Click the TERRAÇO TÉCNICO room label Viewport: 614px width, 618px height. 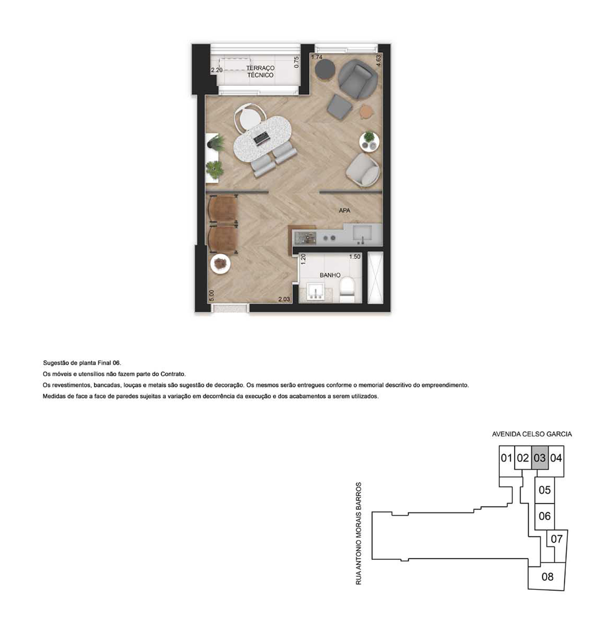click(260, 71)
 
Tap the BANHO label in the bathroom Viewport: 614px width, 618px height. click(330, 275)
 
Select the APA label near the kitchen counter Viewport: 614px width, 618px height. click(344, 211)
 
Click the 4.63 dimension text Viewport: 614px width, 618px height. click(378, 60)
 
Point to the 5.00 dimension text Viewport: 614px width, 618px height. click(211, 295)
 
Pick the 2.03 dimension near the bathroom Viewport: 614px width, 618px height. click(284, 299)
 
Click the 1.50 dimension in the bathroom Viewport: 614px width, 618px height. click(355, 257)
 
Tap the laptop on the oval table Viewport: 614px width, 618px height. click(261, 139)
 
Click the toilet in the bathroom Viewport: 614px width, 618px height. click(347, 290)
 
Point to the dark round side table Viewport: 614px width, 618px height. click(325, 69)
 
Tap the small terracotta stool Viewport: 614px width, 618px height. click(366, 111)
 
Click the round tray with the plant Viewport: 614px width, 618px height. click(369, 141)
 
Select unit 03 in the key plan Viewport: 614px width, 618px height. click(539, 458)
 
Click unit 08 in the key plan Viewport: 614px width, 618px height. click(547, 577)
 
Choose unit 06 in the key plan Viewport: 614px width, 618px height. click(545, 516)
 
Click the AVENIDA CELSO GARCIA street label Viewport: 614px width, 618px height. click(532, 434)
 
